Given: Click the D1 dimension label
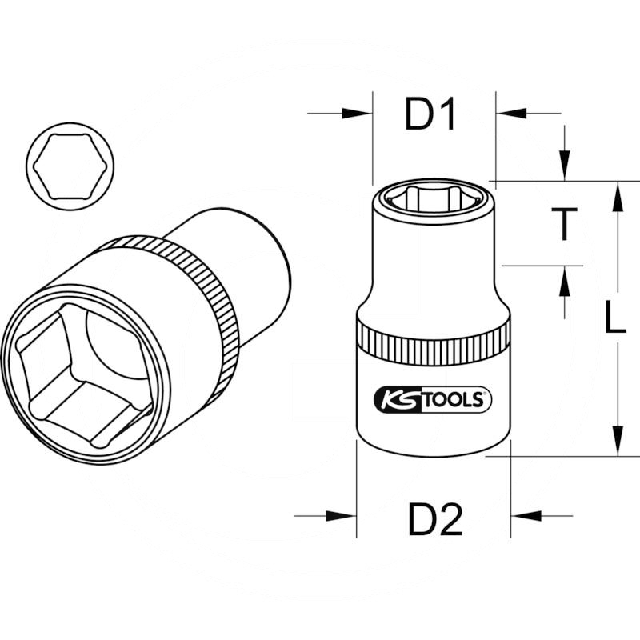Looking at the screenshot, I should (430, 116).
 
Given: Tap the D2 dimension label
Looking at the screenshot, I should (435, 522).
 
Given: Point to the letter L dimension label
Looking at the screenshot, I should (614, 319).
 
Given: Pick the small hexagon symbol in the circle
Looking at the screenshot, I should (70, 166).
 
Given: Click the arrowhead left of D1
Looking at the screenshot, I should (364, 114).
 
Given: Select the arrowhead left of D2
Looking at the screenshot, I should (348, 516).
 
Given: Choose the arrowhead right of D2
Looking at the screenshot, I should (519, 516).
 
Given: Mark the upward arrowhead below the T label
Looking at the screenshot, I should (565, 276).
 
